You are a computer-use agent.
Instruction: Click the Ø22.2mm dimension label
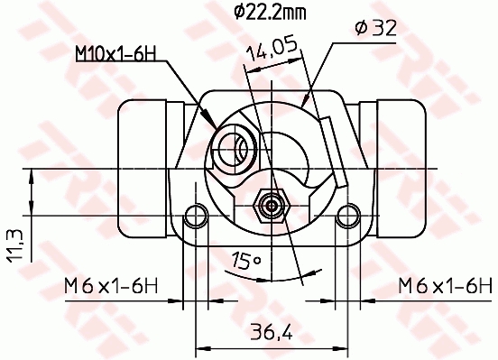271,13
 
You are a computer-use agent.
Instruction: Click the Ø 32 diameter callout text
376,28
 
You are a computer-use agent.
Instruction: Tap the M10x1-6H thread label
115,53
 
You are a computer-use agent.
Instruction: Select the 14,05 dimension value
272,50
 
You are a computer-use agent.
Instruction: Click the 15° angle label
245,261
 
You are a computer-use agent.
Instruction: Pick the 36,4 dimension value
272,332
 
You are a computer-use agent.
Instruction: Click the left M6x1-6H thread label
111,286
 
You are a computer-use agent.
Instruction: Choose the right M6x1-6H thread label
446,286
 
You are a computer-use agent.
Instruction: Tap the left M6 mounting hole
196,217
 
